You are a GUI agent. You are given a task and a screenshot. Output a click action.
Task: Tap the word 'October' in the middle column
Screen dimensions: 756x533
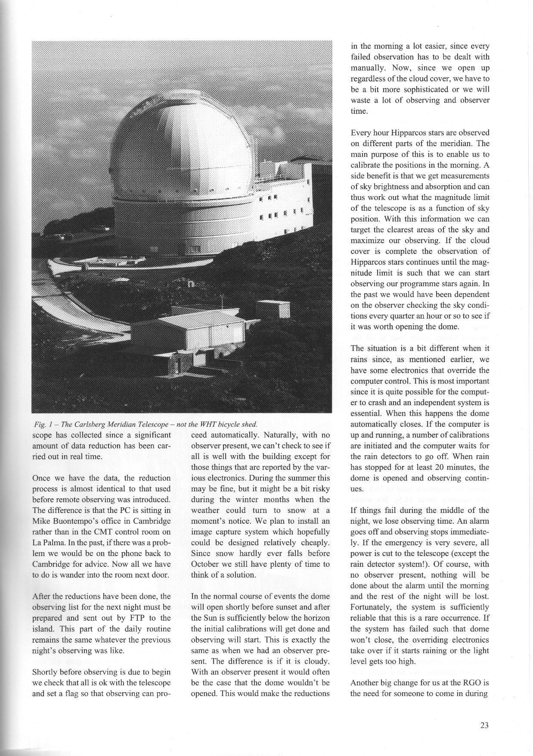[x=205, y=564]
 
